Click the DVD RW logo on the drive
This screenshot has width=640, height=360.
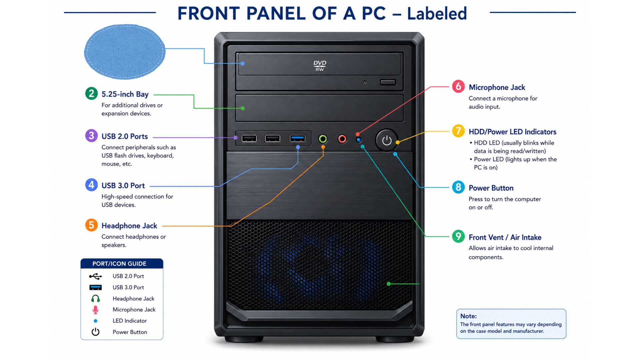320,66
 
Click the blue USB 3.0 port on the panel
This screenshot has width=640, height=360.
298,138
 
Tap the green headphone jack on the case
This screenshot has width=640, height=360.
323,139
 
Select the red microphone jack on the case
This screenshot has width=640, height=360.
342,139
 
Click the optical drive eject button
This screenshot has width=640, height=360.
388,82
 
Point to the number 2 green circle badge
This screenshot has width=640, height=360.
91,94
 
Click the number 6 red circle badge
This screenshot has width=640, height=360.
458,86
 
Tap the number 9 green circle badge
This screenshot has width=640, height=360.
458,236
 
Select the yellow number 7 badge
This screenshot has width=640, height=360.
458,131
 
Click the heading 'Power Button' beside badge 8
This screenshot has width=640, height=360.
491,188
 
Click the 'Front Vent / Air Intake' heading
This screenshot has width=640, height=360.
505,237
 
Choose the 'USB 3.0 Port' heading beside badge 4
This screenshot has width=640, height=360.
123,186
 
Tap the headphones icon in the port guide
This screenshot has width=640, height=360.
96,298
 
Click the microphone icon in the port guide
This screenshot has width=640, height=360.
95,310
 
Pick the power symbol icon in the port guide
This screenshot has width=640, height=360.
96,332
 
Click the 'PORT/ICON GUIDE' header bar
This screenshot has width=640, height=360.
122,263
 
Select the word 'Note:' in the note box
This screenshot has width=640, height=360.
468,316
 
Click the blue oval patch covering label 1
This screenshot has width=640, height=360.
125,52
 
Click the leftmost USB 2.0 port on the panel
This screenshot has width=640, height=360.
249,138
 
